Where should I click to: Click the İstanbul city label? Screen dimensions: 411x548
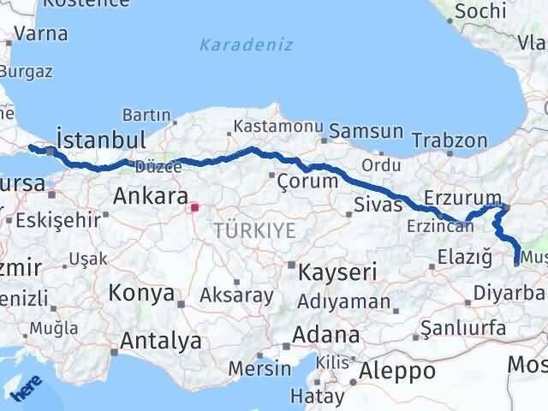point(98,140)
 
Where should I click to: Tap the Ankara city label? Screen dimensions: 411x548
point(151,196)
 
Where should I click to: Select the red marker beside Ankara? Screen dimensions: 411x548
point(194,206)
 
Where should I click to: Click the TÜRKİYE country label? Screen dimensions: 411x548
point(255,229)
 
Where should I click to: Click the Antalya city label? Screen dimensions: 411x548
point(161,340)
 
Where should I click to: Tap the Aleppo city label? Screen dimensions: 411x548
point(396,371)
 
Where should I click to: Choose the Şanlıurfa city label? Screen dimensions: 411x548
point(463,329)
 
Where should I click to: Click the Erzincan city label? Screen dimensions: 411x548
point(440,226)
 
